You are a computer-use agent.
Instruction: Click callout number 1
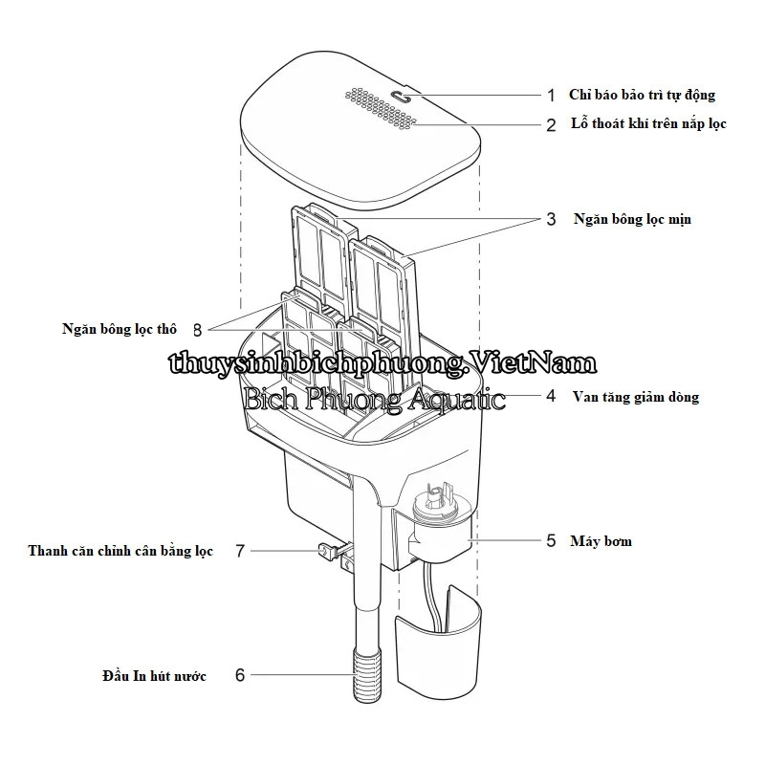551,95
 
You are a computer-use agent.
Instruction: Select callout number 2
551,124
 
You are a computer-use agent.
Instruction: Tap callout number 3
551,219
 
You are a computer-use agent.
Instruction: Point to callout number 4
551,396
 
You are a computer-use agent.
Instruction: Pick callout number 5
551,541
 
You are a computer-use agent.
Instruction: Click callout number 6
240,675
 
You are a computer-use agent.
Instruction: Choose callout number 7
240,551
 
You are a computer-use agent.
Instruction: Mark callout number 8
197,329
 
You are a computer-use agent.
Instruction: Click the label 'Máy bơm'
600,541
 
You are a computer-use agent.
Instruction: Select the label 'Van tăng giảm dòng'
635,397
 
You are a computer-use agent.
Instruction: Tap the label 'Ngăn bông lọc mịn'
632,219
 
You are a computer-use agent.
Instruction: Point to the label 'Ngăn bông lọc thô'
120,329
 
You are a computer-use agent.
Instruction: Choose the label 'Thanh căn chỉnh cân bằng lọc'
120,552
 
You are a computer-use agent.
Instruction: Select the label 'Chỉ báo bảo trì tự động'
641,95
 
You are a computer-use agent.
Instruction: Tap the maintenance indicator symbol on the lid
403,96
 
